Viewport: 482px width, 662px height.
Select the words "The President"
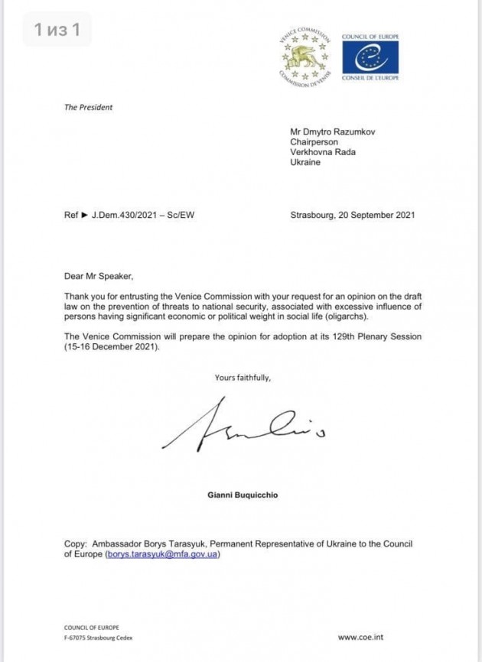[88, 108]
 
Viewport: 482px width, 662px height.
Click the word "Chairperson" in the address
[314, 141]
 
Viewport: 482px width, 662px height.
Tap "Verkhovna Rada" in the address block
[323, 152]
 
